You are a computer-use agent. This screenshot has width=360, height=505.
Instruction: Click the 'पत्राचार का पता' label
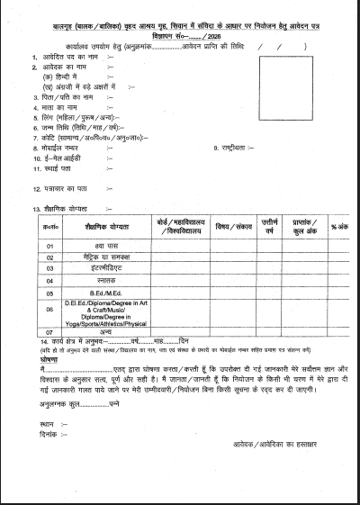66,188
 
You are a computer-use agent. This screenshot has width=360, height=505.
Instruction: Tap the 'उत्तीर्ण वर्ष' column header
269,226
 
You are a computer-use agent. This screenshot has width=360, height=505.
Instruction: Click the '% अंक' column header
338,226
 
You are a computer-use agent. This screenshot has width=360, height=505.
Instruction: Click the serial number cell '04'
50,280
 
